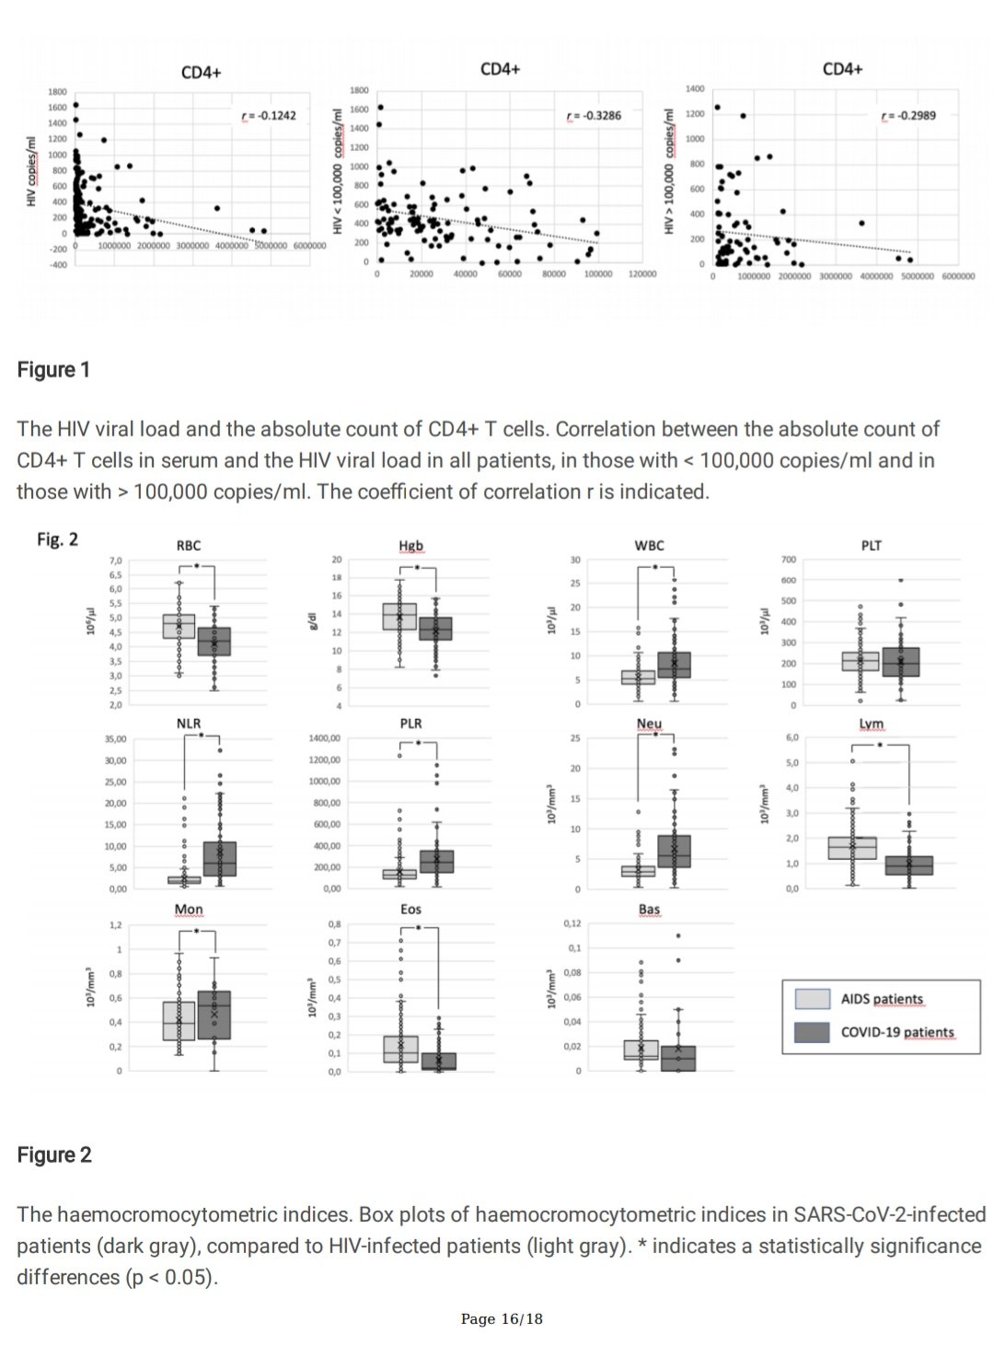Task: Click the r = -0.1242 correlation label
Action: pos(269,116)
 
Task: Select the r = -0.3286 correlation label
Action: pos(594,116)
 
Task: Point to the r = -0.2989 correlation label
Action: pos(908,116)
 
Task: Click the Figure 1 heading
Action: pos(53,370)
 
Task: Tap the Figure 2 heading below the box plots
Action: pos(54,1155)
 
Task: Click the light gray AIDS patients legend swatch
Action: pos(812,999)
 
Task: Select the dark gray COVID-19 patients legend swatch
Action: pos(812,1032)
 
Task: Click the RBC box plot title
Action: pos(189,545)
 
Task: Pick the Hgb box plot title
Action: pos(410,545)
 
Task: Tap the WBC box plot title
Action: pos(649,545)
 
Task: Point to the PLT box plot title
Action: pos(872,545)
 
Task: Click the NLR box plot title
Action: pos(189,724)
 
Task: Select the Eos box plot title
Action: pos(410,910)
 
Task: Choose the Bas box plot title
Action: pos(649,910)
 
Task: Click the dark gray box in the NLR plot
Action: pos(220,858)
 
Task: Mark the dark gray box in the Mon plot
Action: pos(214,1015)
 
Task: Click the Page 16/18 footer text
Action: pos(502,1319)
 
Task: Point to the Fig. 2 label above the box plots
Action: pos(57,540)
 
